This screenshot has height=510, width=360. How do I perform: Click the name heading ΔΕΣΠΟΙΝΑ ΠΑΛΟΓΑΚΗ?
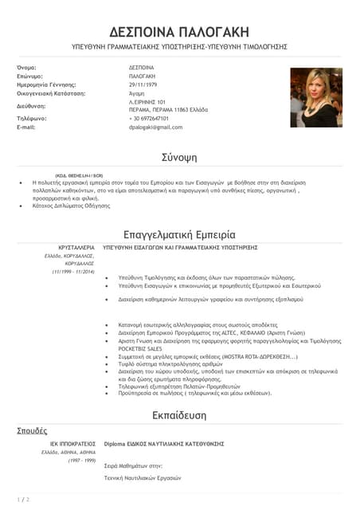pos(179,32)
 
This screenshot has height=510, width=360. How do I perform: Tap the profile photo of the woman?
pos(315,97)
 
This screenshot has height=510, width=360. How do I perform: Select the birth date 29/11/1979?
pos(143,84)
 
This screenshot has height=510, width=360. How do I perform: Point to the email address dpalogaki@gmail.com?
pos(155,127)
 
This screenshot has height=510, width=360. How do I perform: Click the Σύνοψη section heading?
pos(179,155)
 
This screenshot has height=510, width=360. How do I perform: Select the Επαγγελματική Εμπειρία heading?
pos(179,235)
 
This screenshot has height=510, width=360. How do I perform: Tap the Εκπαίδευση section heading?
pos(179,415)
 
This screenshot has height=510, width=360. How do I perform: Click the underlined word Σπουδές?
pos(32,430)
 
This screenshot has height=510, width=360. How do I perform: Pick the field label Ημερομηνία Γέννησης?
pos(46,84)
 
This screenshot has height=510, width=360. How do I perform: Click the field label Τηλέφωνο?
pos(32,119)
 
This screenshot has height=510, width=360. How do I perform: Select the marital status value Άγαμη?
pos(138,92)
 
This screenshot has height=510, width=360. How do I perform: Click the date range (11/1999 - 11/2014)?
pos(73,273)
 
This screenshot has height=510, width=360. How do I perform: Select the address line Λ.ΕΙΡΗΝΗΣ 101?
pos(147,102)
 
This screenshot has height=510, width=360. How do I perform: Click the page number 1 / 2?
pos(23,499)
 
